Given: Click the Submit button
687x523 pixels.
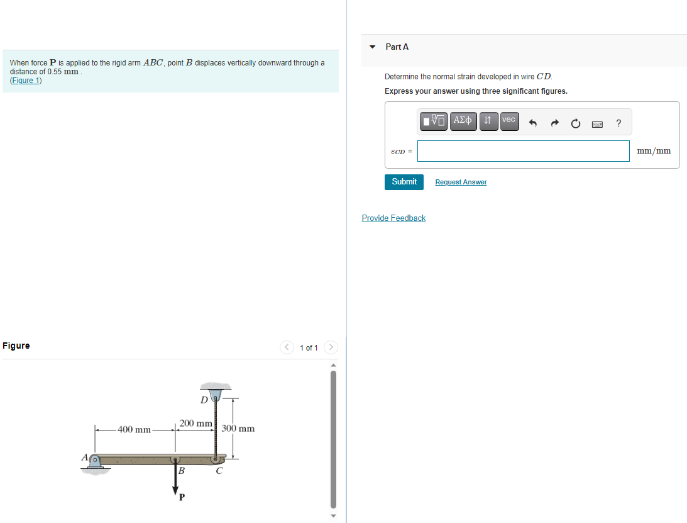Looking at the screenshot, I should [x=404, y=182].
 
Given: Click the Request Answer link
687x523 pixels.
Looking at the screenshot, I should [x=461, y=182].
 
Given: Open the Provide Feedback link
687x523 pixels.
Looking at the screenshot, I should [x=393, y=218].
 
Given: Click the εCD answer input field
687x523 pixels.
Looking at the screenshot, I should [x=523, y=151].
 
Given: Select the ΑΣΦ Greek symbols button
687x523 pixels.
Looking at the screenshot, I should [x=463, y=121].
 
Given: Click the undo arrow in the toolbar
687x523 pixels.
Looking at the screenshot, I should [x=533, y=123].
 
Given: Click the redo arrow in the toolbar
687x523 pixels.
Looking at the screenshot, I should [x=555, y=123].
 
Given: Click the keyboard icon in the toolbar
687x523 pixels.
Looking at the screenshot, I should [x=598, y=124].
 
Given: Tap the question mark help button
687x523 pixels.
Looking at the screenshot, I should [x=618, y=123].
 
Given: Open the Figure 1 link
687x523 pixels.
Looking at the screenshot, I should [x=26, y=81].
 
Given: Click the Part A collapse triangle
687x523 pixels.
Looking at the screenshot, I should [x=373, y=47].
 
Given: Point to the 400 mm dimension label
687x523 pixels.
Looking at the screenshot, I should [x=134, y=430].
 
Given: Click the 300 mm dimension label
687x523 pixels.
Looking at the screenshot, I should [x=238, y=429].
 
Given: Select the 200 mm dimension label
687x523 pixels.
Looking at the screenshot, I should [x=195, y=424].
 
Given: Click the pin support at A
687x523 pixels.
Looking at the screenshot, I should [x=94, y=463].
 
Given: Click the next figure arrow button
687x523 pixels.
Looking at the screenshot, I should [x=331, y=347].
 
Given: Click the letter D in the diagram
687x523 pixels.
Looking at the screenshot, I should [x=204, y=400].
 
